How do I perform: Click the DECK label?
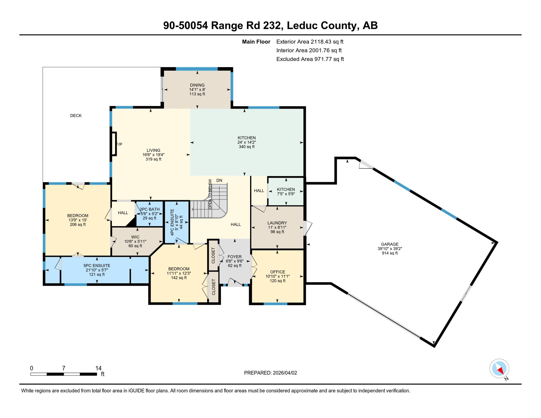coord(76,116)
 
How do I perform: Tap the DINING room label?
coord(197,85)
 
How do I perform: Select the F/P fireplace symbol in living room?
coord(114,144)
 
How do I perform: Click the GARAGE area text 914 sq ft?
coord(389,253)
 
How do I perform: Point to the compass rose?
coord(499,368)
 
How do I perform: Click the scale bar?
coord(63,374)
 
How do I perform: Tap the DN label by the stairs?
coord(219,180)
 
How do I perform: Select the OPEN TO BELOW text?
coord(210,194)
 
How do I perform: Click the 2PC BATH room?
coord(149,214)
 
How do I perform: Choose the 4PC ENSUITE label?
coord(172,222)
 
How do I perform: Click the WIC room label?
coord(135,237)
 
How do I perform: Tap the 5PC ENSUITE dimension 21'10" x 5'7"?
coord(97,270)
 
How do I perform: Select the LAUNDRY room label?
coord(277,223)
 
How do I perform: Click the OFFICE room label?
coord(277,272)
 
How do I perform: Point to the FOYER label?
coord(234,257)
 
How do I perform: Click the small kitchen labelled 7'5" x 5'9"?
coord(286,192)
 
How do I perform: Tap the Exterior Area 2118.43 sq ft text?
coord(310,42)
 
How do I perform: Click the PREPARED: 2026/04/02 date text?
coord(270,373)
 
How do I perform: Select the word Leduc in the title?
coord(302,25)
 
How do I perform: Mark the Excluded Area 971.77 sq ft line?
coord(310,59)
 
